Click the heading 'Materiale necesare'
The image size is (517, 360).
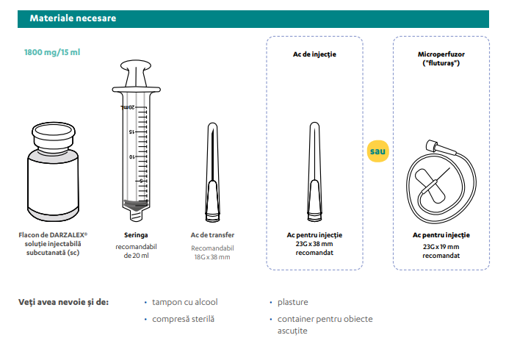point(73,18)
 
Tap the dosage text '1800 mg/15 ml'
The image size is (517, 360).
point(52,52)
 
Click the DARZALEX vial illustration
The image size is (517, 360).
point(53,172)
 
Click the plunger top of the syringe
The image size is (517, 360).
point(136,65)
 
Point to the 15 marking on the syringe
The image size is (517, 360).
point(131,132)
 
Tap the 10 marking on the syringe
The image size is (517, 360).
point(132,156)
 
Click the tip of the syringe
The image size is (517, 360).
point(136,217)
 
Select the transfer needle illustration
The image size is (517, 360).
point(213,172)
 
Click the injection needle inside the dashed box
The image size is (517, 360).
point(314,172)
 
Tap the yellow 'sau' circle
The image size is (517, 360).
point(378,151)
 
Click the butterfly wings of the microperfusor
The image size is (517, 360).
point(430,186)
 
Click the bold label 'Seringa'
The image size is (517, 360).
point(136,235)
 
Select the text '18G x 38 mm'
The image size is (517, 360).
point(212,257)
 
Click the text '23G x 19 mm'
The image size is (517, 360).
point(441,247)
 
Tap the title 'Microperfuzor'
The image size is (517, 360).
point(441,54)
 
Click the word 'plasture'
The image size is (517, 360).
point(293,302)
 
